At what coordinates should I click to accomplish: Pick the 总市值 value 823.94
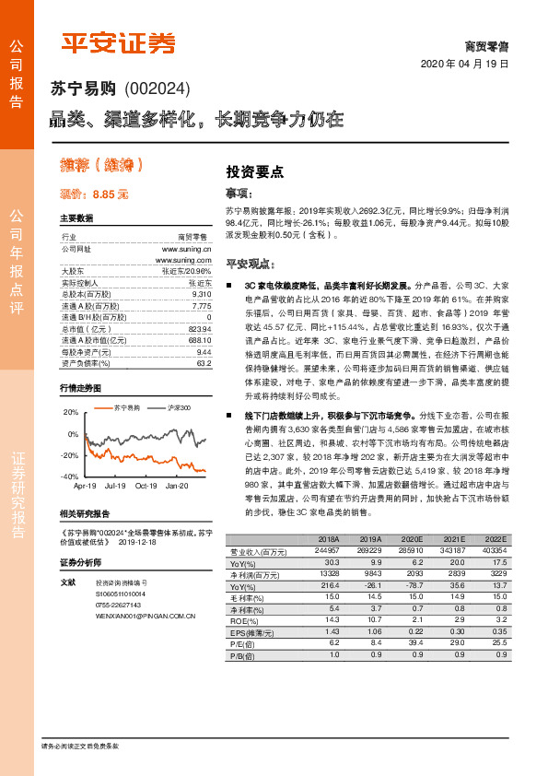199,329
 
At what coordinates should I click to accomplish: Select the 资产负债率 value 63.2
204,364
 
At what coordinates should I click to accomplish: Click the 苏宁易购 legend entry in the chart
127,406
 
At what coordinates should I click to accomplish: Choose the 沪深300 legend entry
179,406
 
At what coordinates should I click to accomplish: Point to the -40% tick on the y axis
69,476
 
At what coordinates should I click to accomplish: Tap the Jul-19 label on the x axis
115,486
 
